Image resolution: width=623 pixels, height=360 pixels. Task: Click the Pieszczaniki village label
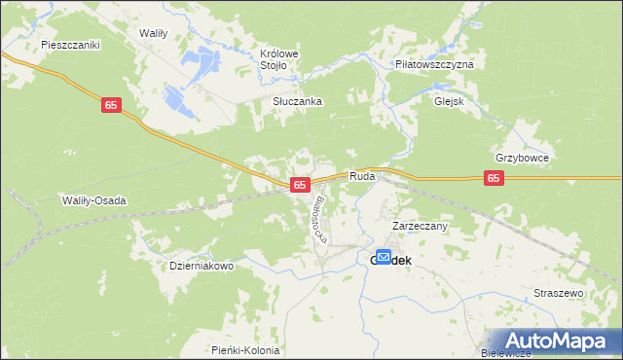tap(71, 45)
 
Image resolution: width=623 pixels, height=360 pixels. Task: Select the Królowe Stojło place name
tap(278, 59)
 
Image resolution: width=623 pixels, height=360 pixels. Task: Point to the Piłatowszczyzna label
tap(434, 63)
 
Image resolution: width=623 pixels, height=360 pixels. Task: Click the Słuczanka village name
tap(297, 101)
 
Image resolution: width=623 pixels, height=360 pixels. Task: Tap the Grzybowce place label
tap(523, 158)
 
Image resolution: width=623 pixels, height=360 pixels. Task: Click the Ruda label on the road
tap(362, 177)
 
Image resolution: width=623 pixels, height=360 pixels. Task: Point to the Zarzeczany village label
tap(420, 226)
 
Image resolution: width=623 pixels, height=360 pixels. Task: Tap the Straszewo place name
tap(558, 293)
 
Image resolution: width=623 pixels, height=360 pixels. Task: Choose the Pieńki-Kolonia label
tap(245, 350)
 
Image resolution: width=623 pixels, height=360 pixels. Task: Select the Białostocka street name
tap(324, 219)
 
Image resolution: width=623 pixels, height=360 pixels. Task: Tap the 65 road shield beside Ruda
tap(300, 184)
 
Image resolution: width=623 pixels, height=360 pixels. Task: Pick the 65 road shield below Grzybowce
tap(495, 178)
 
